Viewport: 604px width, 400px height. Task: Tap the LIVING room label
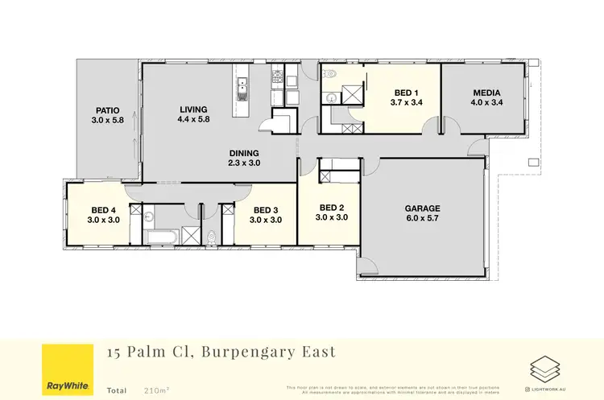[193, 109]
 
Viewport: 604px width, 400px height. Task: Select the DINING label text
[243, 153]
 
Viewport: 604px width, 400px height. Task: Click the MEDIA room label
[486, 93]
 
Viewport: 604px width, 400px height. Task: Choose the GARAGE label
[422, 208]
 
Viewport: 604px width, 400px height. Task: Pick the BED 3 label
[265, 209]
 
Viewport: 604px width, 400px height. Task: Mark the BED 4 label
[105, 209]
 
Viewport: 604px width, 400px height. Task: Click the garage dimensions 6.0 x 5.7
[422, 218]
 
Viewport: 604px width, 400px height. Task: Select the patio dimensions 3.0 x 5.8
[108, 122]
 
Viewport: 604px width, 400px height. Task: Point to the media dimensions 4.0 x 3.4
[486, 103]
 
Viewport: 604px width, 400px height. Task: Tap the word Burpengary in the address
[242, 352]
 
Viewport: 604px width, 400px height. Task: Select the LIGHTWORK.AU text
[552, 390]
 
